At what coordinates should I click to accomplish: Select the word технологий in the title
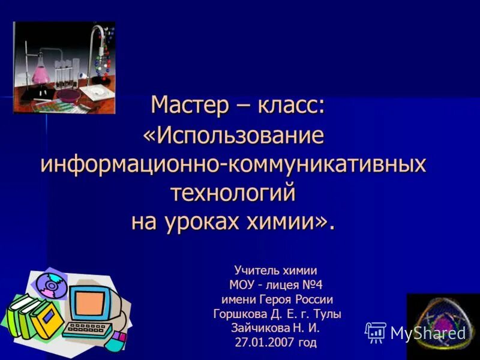pyautogui.click(x=233, y=193)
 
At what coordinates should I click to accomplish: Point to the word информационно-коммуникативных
pyautogui.click(x=233, y=164)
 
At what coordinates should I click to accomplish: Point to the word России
pyautogui.click(x=313, y=299)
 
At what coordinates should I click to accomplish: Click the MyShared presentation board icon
pyautogui.click(x=376, y=332)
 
